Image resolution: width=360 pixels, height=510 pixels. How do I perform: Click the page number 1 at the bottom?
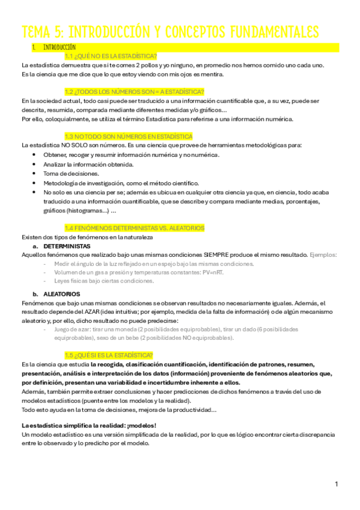coord(337,484)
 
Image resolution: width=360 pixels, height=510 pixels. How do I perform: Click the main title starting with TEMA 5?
coord(169,31)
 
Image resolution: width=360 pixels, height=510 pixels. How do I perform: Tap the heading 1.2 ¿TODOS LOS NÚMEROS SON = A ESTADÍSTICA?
coord(134,91)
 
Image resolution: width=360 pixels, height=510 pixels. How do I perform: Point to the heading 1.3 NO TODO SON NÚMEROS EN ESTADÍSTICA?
coord(128,137)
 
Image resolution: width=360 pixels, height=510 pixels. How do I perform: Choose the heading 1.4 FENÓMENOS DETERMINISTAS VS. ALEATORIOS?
coord(134,228)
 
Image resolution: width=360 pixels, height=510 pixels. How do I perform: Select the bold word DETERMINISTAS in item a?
coord(66,246)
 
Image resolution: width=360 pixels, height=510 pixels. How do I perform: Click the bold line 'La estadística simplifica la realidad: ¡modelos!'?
coord(88,425)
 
